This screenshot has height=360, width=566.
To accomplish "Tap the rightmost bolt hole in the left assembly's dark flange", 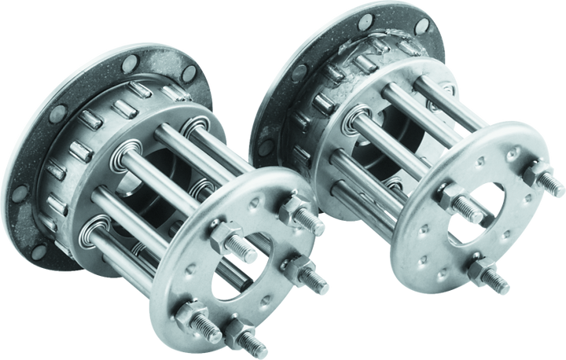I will [x=189, y=75].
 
